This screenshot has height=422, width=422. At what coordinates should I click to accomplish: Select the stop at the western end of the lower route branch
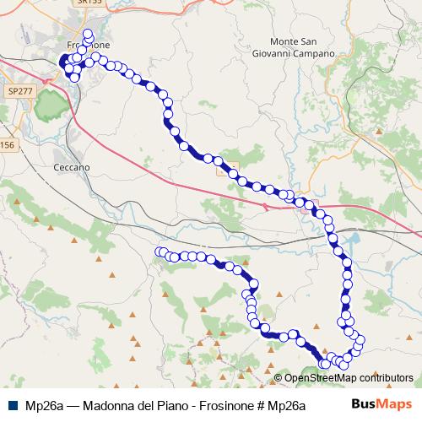click(x=160, y=252)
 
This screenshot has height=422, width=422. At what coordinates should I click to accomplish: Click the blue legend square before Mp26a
click(x=13, y=404)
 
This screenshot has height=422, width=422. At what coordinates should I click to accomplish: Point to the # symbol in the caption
click(x=262, y=404)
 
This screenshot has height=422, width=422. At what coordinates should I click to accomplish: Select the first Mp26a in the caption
click(x=44, y=404)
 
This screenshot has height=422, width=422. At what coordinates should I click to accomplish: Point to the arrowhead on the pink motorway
click(x=267, y=205)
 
